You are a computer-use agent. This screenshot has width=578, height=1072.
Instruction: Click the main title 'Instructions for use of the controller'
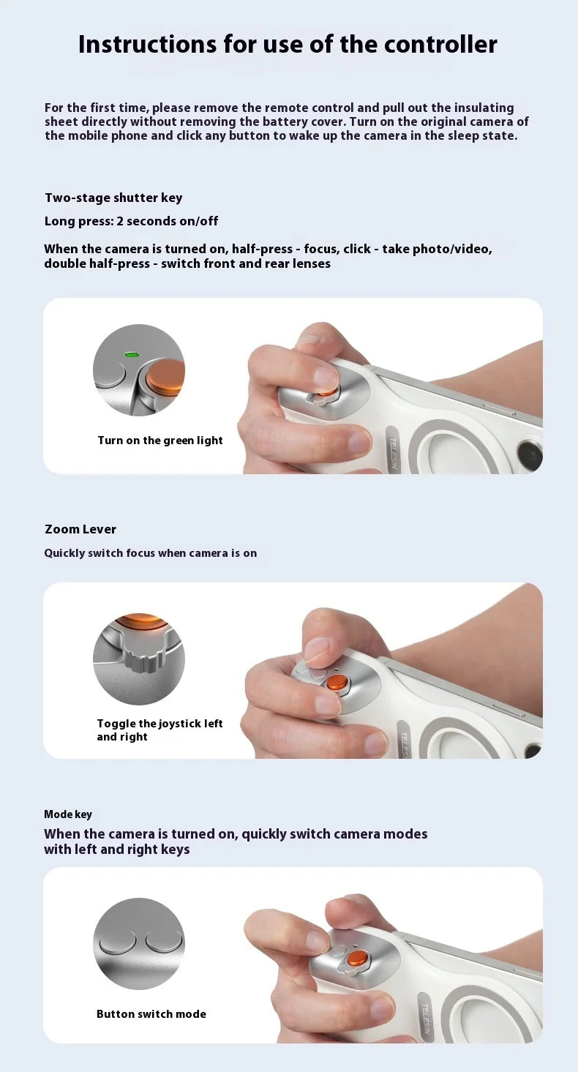(x=288, y=45)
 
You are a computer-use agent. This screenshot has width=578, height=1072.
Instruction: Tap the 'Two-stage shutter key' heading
(x=113, y=198)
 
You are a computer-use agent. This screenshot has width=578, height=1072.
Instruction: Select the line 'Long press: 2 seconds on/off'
(x=131, y=221)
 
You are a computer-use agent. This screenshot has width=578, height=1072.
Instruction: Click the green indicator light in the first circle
(x=132, y=355)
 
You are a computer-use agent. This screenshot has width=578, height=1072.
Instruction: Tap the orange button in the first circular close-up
(x=165, y=376)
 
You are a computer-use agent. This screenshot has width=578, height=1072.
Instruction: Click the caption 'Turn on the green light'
(x=160, y=441)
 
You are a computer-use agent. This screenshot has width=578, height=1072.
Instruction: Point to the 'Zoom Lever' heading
(x=80, y=529)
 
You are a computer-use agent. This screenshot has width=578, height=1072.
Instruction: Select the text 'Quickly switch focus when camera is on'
(x=150, y=553)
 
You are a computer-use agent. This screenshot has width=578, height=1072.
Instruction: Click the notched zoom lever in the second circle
(x=138, y=656)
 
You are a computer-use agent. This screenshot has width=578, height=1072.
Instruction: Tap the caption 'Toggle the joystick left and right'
(x=159, y=730)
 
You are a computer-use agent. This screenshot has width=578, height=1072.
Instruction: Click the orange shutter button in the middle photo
(x=337, y=682)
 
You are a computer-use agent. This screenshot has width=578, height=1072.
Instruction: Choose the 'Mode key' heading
(x=68, y=814)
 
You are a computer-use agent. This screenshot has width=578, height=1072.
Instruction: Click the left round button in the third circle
(x=117, y=941)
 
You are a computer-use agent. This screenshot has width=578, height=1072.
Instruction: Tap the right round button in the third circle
(x=162, y=941)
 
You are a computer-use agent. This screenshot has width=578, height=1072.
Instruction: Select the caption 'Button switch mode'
(x=151, y=1014)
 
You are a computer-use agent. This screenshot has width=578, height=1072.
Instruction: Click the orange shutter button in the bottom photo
(x=358, y=958)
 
